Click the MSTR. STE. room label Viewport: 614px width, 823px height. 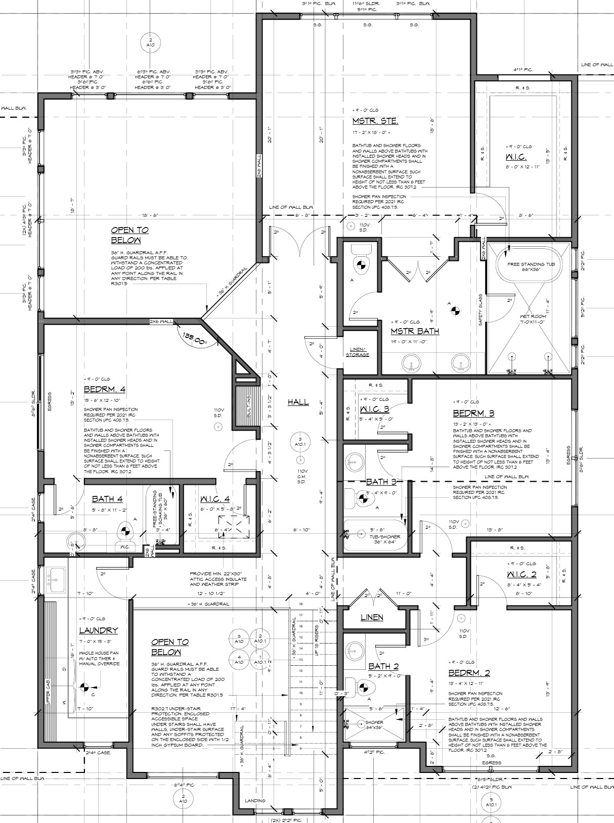point(375,121)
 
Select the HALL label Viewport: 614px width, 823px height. point(298,402)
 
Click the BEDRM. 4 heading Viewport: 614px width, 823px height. point(104,389)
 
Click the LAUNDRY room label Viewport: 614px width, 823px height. point(98,630)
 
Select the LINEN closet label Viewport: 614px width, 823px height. point(372,617)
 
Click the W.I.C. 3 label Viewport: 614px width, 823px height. point(374,408)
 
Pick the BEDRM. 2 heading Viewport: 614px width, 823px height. point(469,673)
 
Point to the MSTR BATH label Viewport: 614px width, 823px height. point(415,331)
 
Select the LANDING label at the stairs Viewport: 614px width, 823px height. point(254,801)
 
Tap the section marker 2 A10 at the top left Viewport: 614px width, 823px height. point(150,42)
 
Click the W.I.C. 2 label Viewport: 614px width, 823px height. point(521,574)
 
